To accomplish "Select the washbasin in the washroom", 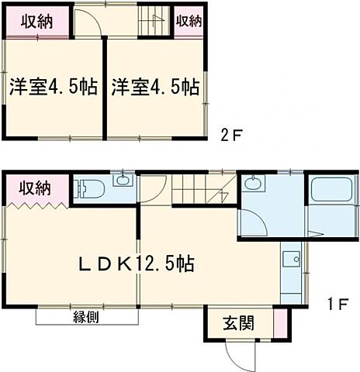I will pyautogui.click(x=253, y=185).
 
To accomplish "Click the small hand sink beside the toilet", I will pyautogui.click(x=121, y=182).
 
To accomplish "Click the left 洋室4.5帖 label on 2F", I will pyautogui.click(x=53, y=87).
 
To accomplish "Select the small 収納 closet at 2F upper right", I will pyautogui.click(x=187, y=22).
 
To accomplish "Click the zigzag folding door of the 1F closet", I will pyautogui.click(x=39, y=206).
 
